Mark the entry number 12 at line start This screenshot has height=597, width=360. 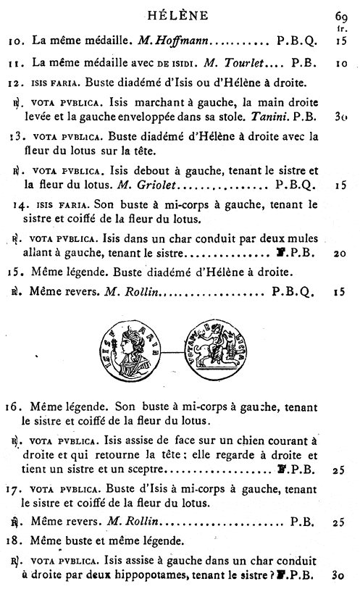20,82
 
